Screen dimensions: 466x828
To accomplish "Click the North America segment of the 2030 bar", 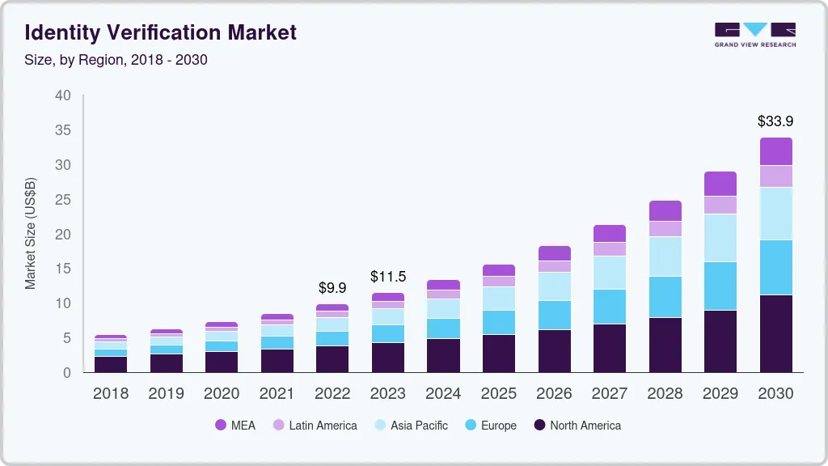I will pos(775,333).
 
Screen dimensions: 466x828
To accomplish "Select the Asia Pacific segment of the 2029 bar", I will pos(720,238).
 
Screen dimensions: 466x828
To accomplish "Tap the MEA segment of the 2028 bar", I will pos(665,210).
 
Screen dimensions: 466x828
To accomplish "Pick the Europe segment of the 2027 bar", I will pos(610,307).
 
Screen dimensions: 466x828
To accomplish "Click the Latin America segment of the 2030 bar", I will pos(775,176).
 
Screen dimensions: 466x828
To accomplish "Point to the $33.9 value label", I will pos(775,121).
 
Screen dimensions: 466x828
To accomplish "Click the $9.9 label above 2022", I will pos(332,288).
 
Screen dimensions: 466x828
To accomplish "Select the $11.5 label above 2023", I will pos(387,277).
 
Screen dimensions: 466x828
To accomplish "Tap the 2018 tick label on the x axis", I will pos(111,394).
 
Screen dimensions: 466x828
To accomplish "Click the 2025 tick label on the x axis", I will pos(499,394).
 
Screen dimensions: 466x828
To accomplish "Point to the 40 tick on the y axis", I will pos(63,95).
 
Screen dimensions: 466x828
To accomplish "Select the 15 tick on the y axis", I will pos(63,269).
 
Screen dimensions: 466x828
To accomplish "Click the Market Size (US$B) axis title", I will pos(31,233).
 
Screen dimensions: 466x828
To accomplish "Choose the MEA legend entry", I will pos(235,426).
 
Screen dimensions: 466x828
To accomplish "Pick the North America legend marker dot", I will pos(539,426).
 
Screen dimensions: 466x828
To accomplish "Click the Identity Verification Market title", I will pos(160,32).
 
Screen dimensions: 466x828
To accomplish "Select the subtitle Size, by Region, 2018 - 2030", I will pos(116,60).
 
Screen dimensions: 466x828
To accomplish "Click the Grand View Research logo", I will pos(754,34).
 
